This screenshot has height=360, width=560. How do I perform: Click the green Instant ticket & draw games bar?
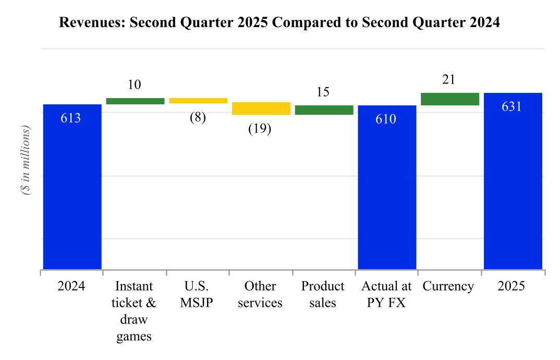click(135, 101)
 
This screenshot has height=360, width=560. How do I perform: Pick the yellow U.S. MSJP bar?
click(198, 101)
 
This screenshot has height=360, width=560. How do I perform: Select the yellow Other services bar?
click(261, 109)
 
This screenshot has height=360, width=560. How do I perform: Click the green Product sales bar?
click(324, 110)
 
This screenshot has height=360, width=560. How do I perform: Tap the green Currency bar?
click(450, 99)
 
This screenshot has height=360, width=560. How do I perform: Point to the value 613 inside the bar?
click(71, 118)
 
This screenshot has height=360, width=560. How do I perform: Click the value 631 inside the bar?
click(512, 106)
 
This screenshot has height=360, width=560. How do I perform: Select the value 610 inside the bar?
click(386, 119)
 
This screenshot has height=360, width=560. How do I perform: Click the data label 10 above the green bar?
click(134, 85)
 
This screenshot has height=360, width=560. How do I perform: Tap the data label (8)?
click(197, 117)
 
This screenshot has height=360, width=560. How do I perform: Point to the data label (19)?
click(260, 128)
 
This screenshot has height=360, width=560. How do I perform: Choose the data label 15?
click(323, 92)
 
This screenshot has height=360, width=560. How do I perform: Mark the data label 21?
click(448, 79)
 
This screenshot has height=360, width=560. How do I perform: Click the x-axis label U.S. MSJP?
click(197, 294)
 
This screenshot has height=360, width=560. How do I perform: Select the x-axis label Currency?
click(448, 286)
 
